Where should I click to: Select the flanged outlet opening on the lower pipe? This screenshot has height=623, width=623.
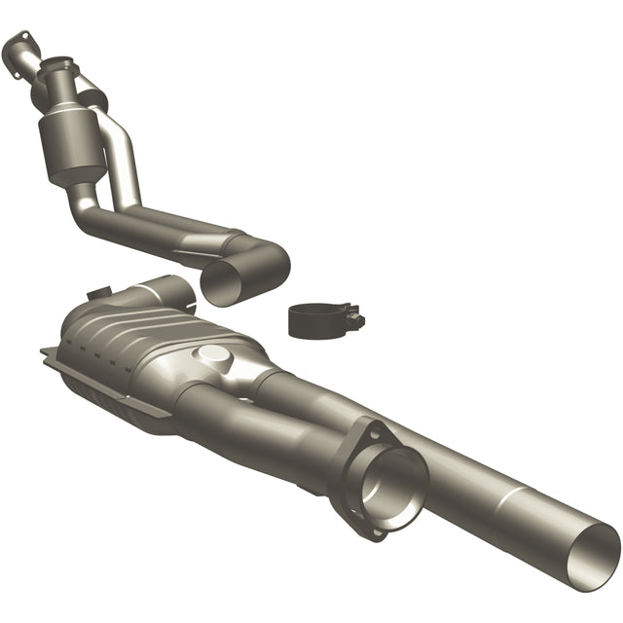pos(393,478)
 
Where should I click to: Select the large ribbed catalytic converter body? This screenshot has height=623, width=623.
pos(146,341)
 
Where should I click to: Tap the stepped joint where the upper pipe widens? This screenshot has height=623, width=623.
pos(234,239)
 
